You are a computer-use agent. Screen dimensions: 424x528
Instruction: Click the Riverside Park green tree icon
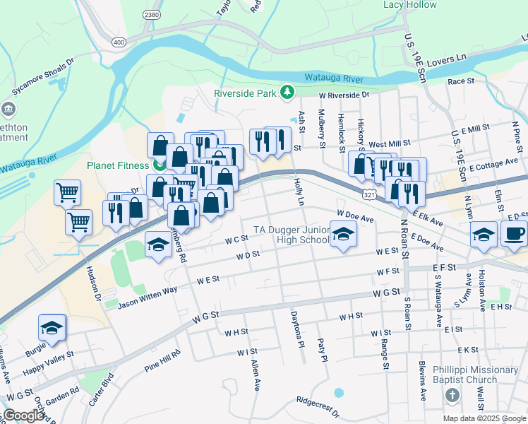click(x=287, y=92)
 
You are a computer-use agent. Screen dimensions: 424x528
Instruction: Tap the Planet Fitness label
click(x=118, y=166)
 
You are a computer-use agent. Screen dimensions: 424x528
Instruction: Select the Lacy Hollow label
click(x=410, y=5)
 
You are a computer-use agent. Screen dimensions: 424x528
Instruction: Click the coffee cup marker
click(x=515, y=233)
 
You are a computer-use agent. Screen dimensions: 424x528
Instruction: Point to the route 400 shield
click(x=119, y=43)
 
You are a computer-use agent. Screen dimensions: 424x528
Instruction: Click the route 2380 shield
click(x=151, y=15)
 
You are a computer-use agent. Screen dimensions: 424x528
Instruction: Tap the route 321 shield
click(x=369, y=193)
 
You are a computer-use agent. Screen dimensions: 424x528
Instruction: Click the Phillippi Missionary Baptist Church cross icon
click(x=452, y=399)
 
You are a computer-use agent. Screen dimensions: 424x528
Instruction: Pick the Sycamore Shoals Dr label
click(x=42, y=78)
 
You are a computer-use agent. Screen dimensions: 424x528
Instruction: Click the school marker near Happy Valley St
click(x=52, y=328)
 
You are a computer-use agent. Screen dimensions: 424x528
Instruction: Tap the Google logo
click(x=23, y=416)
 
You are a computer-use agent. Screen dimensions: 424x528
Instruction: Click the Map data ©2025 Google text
click(x=484, y=418)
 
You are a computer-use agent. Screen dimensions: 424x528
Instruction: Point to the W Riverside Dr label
click(x=344, y=94)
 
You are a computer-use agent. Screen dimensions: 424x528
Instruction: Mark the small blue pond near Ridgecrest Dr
click(x=339, y=392)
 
